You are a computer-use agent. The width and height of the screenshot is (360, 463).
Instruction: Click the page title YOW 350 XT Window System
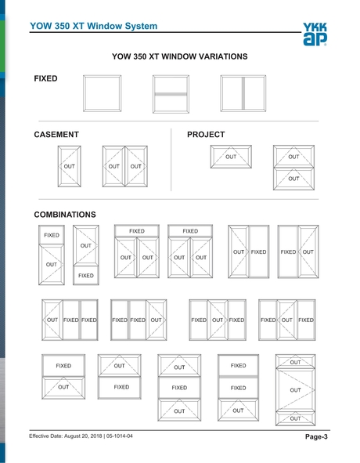point(94,26)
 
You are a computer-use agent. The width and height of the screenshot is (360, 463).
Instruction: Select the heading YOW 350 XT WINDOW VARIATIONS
point(180,56)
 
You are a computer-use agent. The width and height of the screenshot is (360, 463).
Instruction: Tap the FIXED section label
point(45,80)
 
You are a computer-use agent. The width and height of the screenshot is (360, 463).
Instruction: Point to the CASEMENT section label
point(56,135)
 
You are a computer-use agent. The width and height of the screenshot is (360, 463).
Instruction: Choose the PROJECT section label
point(206,135)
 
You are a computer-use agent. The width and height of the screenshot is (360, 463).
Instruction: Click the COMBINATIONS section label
point(65,214)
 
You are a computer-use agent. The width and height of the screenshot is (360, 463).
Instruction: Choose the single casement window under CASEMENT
point(70,166)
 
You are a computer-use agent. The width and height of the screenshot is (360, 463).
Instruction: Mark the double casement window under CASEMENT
point(125,166)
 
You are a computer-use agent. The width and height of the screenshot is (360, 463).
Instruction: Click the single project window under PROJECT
point(231,157)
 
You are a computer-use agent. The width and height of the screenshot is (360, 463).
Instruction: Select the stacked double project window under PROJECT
point(293,167)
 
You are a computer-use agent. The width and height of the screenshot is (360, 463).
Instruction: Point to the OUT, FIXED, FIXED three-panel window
point(70,320)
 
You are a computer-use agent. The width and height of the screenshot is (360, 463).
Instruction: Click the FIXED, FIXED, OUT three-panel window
point(138,320)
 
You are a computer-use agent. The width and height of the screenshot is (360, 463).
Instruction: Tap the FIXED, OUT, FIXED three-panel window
point(218,320)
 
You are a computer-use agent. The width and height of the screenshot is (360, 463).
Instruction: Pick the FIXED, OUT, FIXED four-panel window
point(286,320)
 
